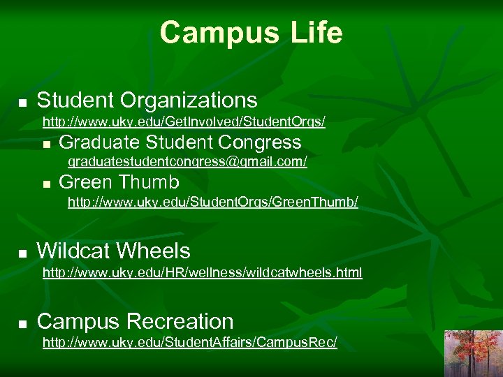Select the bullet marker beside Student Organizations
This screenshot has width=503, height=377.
point(22,103)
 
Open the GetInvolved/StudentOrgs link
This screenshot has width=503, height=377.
point(184,122)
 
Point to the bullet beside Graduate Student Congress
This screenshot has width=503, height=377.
point(46,145)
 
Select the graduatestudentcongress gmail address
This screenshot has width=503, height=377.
point(187,162)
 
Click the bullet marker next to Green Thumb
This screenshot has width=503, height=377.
point(46,184)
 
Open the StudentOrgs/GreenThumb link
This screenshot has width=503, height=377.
point(212,202)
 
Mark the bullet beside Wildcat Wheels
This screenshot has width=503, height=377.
point(22,253)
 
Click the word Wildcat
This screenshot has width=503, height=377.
point(75,251)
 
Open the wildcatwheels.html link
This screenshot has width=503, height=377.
point(202,273)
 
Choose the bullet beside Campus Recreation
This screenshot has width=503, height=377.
point(22,323)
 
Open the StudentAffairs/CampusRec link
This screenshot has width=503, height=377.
point(189,343)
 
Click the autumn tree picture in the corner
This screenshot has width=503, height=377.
point(473,353)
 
